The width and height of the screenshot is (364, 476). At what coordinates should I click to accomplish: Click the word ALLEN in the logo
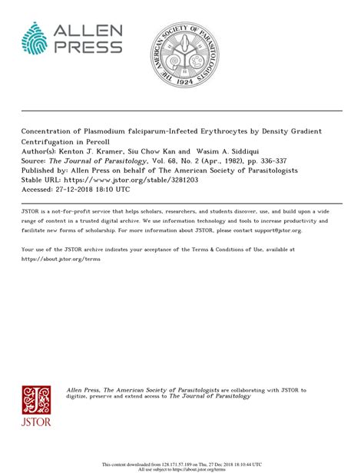click(88, 31)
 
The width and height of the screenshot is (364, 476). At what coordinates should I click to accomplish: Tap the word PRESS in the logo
click(88, 47)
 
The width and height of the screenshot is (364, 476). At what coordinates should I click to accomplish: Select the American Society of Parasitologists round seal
click(182, 53)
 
